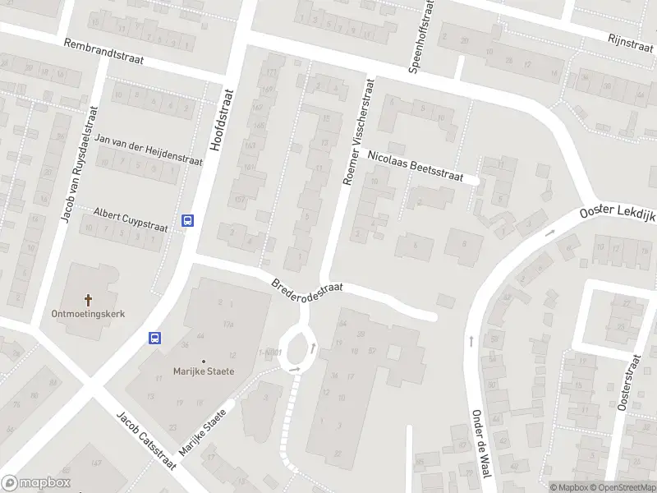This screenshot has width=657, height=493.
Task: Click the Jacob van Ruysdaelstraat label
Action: click(x=79, y=164)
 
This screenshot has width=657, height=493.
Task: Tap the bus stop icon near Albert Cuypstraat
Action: click(x=187, y=220)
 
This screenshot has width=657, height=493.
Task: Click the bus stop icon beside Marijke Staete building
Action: click(x=154, y=337)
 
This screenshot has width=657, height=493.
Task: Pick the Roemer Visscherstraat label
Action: click(x=359, y=131)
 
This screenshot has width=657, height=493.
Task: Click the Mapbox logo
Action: click(x=35, y=483)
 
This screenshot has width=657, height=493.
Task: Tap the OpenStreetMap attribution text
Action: click(x=623, y=487)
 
